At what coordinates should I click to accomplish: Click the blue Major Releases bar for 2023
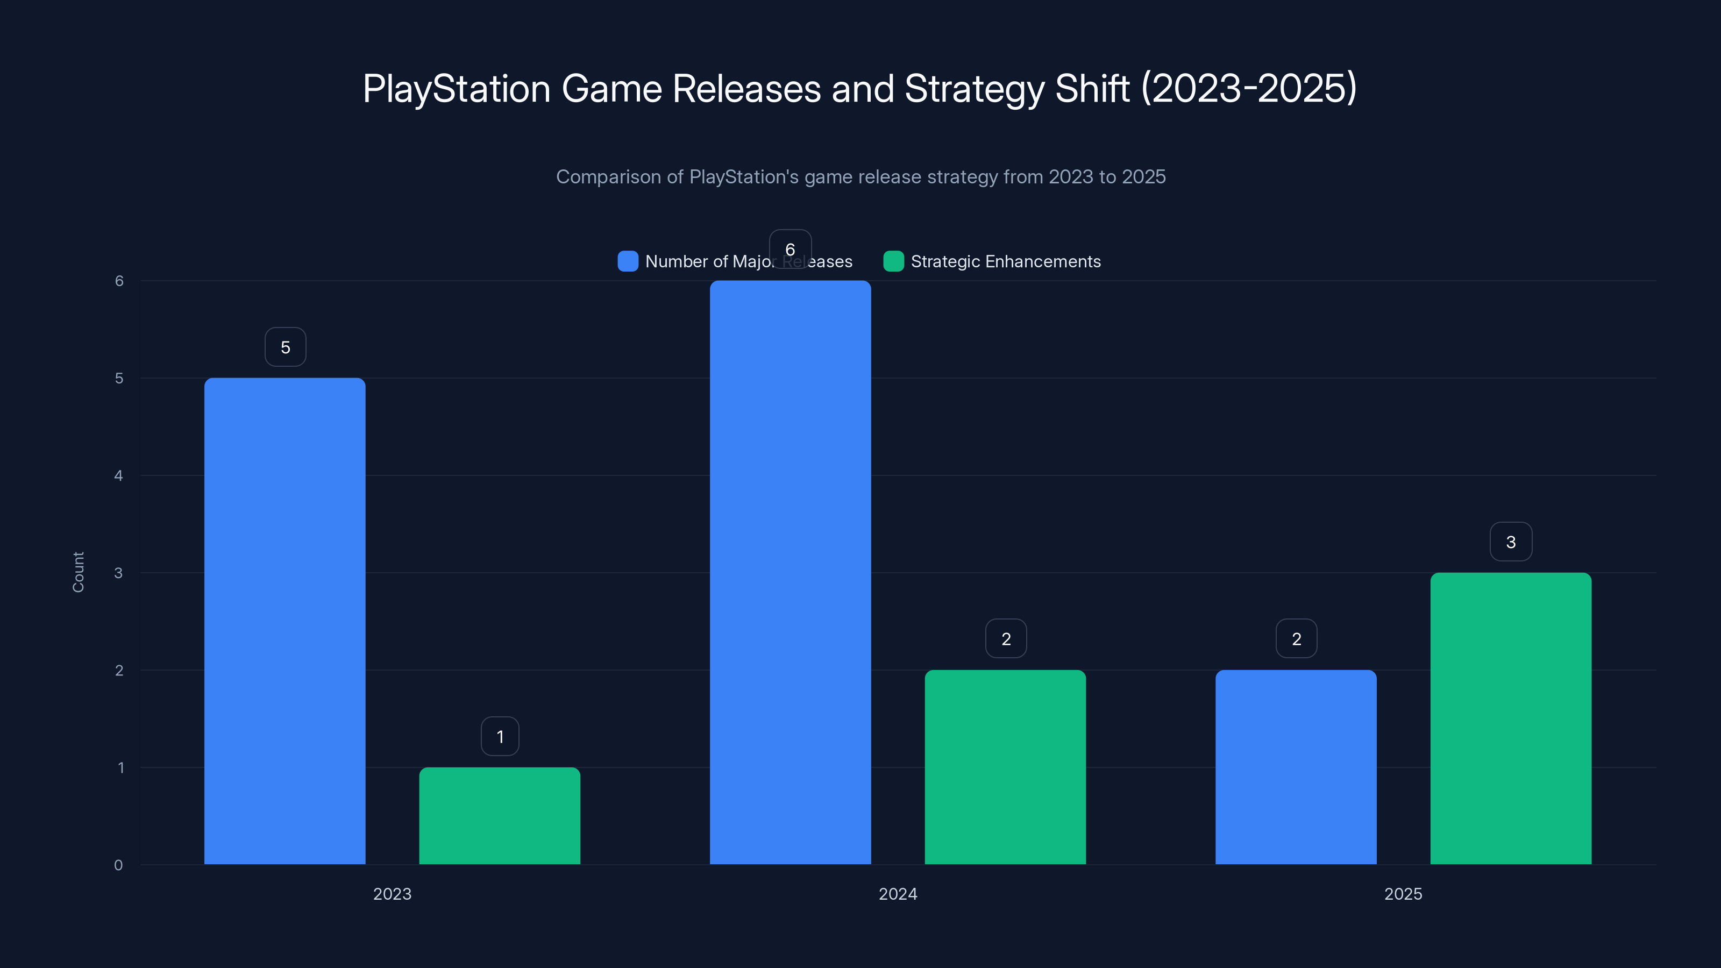pos(285,621)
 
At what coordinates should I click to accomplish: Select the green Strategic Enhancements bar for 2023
pos(500,816)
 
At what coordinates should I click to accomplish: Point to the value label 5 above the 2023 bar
pos(285,347)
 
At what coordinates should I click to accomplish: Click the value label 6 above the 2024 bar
pos(791,249)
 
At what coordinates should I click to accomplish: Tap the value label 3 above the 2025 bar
pos(1511,542)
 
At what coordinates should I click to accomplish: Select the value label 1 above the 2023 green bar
pos(500,736)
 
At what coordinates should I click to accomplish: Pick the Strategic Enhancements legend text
pos(1006,261)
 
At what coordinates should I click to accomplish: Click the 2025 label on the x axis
pos(1403,894)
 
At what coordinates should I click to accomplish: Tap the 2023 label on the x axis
pos(392,894)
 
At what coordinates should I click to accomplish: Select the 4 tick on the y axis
pos(119,475)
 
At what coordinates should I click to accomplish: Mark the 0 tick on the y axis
pos(119,865)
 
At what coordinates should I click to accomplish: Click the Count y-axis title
pos(78,572)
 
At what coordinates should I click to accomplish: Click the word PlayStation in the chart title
pos(456,89)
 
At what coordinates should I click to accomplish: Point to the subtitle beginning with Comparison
pos(860,176)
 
